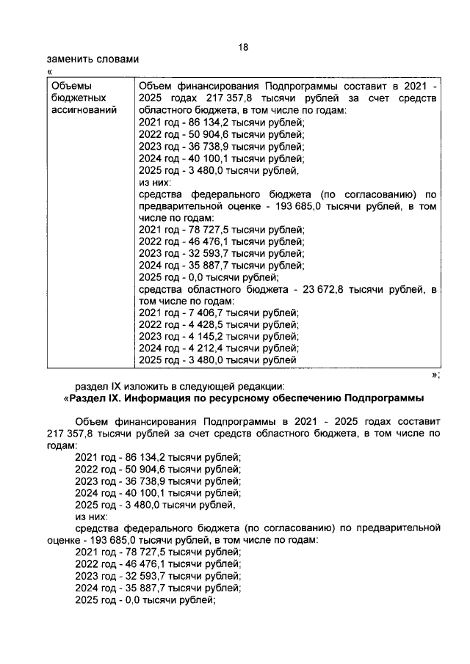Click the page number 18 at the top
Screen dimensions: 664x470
coord(243,46)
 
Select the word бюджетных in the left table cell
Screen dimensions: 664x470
coord(76,98)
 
